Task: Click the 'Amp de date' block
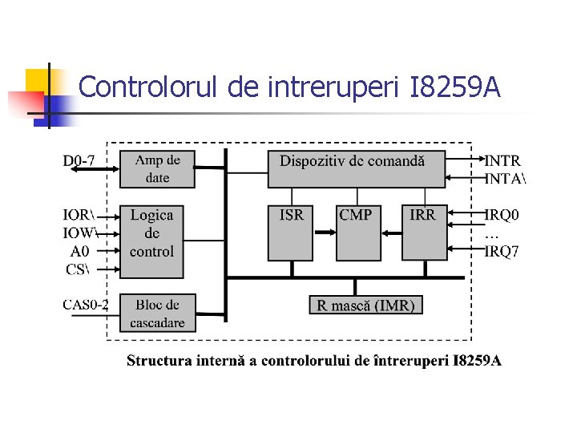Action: (x=157, y=168)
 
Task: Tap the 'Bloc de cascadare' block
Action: (x=157, y=314)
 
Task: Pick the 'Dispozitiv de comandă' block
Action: (x=356, y=168)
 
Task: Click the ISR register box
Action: (x=291, y=233)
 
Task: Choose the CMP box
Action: (x=357, y=233)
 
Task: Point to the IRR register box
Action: (x=423, y=233)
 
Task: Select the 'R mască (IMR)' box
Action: (x=365, y=305)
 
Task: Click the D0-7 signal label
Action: (x=79, y=160)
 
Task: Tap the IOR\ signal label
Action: (x=79, y=215)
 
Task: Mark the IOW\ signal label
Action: (x=80, y=233)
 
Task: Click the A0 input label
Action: (x=80, y=251)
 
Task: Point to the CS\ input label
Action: (x=77, y=269)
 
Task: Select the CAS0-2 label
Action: (x=86, y=304)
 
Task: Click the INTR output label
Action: (x=502, y=160)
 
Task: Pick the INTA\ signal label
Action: (x=506, y=179)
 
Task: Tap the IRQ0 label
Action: (x=502, y=215)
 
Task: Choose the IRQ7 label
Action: (x=502, y=251)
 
